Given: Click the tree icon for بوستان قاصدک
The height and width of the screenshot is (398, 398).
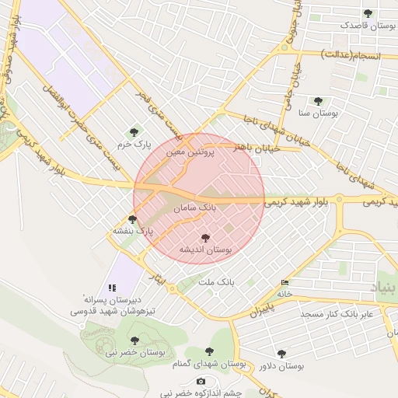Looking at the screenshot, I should tap(368, 13).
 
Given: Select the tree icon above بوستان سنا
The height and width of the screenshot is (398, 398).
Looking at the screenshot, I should tap(318, 101).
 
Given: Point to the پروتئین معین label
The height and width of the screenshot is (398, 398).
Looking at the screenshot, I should tap(188, 152).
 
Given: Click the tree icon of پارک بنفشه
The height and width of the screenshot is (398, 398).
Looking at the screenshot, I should tap(132, 219).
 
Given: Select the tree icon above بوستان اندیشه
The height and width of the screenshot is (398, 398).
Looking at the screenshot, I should tap(205, 238).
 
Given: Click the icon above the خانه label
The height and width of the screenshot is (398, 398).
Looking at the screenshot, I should tap(285, 283).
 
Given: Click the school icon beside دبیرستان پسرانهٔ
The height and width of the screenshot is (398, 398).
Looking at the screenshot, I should tap(112, 288).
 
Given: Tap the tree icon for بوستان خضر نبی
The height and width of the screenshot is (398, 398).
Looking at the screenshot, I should tap(134, 340).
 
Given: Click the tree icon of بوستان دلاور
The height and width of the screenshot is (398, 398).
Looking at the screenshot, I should tap(281, 354).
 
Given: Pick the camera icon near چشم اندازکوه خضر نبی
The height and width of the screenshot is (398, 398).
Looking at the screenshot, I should tap(201, 381).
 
